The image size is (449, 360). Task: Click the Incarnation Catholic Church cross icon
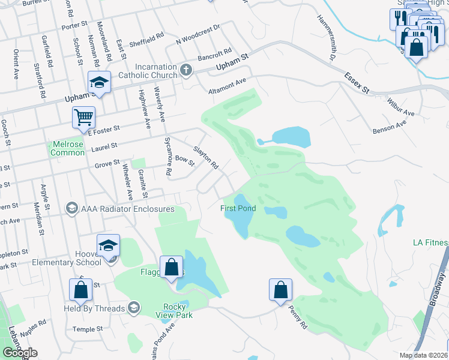[186, 70]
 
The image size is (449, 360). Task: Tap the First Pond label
[238, 209]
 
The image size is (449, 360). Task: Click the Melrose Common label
[67, 149]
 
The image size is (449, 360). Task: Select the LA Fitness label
[430, 243]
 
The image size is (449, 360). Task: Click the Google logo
[20, 353]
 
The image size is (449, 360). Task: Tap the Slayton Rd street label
[205, 157]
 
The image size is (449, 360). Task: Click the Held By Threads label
[95, 309]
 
